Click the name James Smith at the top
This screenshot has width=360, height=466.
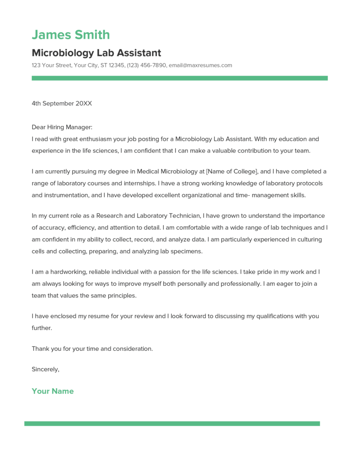71,35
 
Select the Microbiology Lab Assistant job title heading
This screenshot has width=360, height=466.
96,53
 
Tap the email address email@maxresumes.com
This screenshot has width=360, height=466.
200,65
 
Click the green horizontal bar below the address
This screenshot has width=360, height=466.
179,78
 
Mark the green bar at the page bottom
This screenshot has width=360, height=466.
172,423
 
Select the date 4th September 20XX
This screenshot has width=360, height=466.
62,103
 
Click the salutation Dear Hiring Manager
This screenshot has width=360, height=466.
62,128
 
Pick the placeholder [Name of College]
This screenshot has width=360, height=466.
232,172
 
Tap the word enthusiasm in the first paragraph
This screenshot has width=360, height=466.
96,139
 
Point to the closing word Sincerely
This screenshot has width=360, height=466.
46,369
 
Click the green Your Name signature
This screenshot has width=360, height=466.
53,391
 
